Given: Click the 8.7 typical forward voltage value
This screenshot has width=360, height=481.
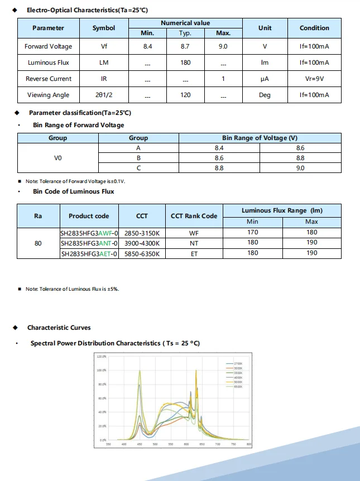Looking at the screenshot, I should point(185,46).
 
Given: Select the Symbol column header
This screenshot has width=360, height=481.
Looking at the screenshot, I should point(104,28).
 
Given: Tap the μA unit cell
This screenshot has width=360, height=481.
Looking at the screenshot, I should point(265,79).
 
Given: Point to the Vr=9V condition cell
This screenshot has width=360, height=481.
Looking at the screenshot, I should point(314,79).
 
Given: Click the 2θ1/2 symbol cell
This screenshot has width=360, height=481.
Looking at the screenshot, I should point(104,95).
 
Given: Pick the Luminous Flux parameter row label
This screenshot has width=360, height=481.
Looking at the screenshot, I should point(49,62).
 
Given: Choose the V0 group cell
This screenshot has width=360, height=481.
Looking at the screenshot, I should point(58,158).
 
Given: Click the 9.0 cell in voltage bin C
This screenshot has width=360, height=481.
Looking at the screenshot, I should point(300,168).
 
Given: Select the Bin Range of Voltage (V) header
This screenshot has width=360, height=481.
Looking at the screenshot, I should point(260,138).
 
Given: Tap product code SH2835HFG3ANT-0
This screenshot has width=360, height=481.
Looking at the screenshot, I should point(89,243).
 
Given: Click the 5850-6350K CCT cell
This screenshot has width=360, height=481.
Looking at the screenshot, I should point(142,253).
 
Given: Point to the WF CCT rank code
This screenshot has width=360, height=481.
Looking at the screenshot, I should point(194,232).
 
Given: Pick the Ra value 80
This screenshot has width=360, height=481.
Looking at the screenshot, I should point(38,243).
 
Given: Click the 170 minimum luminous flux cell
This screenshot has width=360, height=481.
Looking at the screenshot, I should point(253,232).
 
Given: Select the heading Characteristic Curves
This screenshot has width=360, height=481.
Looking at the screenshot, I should point(59,328).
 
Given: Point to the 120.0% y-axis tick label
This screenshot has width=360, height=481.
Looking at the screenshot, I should point(101,356).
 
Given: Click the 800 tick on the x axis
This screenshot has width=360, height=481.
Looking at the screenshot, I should point(248,445).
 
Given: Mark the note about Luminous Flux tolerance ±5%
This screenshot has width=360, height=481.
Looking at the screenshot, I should point(72,289).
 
